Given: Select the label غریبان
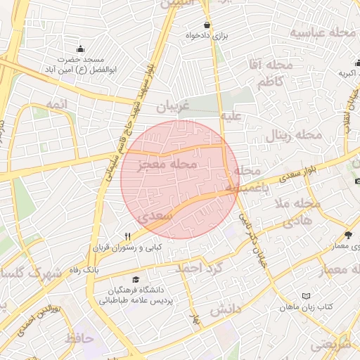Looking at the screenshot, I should tap(173, 109).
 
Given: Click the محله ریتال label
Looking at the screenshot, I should tap(293, 134).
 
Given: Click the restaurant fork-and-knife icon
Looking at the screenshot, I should tap(127, 236).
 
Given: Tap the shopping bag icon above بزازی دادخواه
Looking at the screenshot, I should tap(206, 25).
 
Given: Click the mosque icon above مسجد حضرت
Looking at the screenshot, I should tap(80, 49).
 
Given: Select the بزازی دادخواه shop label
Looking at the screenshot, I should tap(209, 34).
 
